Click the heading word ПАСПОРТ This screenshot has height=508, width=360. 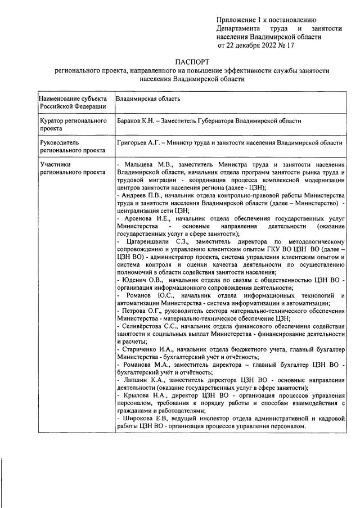[x=191, y=62]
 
